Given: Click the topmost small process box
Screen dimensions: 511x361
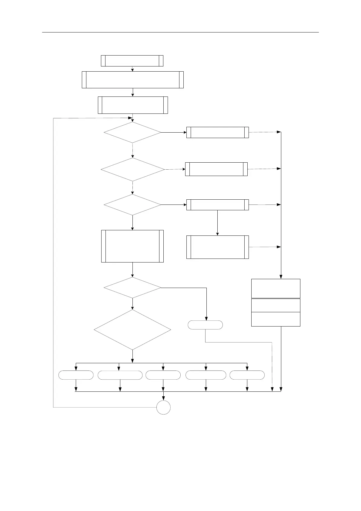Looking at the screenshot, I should (x=132, y=61).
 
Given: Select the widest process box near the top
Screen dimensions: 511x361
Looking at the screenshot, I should (x=133, y=80).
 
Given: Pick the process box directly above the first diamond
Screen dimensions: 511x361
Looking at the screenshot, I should (x=133, y=105).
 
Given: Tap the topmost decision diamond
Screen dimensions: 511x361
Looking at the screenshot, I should (x=132, y=132).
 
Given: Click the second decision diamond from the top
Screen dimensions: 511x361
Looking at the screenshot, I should (x=133, y=169).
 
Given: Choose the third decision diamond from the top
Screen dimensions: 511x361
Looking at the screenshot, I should (x=132, y=205).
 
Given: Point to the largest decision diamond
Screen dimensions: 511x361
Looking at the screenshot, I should (x=132, y=330).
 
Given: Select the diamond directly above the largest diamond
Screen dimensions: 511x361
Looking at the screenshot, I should (x=132, y=288).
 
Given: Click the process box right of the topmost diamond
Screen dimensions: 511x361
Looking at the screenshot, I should (x=217, y=132).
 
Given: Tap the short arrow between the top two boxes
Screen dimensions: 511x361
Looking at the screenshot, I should (x=132, y=69).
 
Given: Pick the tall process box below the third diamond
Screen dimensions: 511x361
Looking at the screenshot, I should (x=132, y=246).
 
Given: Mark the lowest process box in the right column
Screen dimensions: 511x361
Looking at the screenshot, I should (x=217, y=247).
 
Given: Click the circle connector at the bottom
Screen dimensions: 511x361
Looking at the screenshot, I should (x=163, y=407).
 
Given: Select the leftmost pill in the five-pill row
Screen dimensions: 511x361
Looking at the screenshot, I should (x=76, y=375).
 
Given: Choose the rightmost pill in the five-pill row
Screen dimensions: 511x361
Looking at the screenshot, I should (x=247, y=375).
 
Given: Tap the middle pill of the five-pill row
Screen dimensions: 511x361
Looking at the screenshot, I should (x=163, y=375).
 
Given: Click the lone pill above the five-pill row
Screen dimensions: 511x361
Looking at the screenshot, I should (x=205, y=325).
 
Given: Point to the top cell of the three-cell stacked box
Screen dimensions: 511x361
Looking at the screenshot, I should (x=276, y=288).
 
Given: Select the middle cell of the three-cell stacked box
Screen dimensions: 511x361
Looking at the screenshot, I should (x=276, y=305).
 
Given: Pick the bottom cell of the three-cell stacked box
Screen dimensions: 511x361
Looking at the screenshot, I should (x=276, y=319).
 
